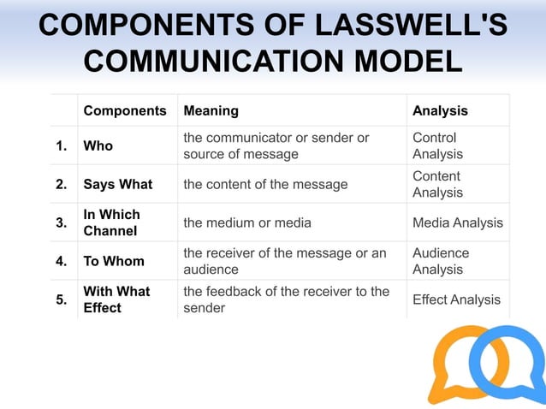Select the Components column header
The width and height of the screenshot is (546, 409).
click(x=124, y=111)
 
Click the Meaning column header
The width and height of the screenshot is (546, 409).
click(x=211, y=111)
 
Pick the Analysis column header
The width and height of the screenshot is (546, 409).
click(x=440, y=111)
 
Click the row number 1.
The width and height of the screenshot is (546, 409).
click(x=61, y=145)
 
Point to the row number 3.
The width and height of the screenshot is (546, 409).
click(x=61, y=222)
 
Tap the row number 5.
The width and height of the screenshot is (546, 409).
click(x=61, y=299)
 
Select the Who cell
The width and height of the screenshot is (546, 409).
click(x=98, y=145)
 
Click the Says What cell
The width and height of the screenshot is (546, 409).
click(x=117, y=184)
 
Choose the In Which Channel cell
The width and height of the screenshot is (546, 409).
click(x=111, y=222)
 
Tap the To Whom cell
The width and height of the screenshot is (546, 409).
click(x=113, y=261)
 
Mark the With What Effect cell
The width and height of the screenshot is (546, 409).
click(x=116, y=299)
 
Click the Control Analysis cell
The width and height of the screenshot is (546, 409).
click(x=437, y=145)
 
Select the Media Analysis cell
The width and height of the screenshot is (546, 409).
click(x=458, y=222)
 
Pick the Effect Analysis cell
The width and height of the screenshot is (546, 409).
click(x=456, y=299)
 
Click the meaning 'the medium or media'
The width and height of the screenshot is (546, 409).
click(x=247, y=222)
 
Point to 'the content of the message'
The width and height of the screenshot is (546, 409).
click(x=265, y=184)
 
